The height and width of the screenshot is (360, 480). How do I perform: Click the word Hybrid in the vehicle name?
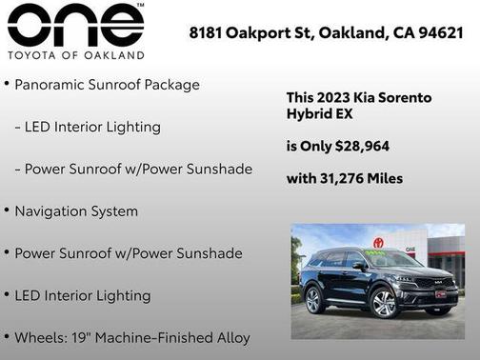(x=310, y=113)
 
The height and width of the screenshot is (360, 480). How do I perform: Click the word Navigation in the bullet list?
(x=54, y=211)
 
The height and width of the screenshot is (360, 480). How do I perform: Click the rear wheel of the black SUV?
(x=314, y=300)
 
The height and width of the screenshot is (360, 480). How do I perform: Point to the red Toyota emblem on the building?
(x=378, y=245)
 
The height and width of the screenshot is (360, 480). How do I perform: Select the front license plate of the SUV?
(x=440, y=295)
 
